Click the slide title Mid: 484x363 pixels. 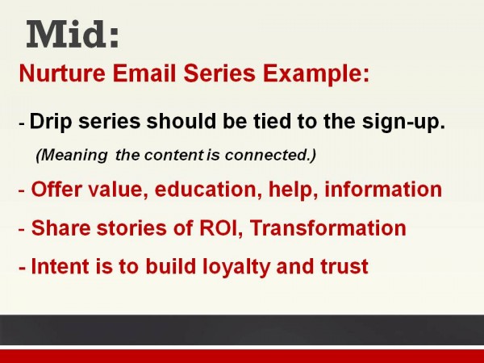[73, 35]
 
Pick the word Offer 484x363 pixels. [55, 190]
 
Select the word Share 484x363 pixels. [57, 228]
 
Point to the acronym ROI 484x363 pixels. [218, 228]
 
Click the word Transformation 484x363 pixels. [328, 228]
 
